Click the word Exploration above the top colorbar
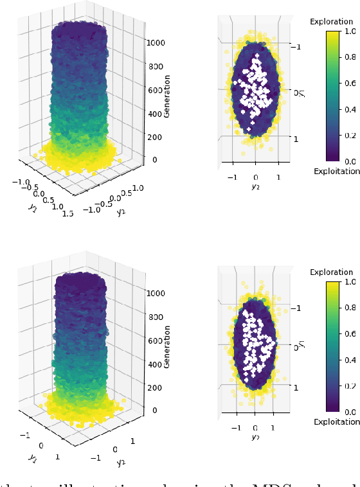pos(331,22)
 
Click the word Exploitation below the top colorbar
pos(335,172)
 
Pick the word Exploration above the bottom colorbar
pos(331,272)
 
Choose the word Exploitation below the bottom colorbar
pos(335,421)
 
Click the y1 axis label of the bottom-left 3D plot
pos(30,457)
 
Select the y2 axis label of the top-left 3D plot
pos(120,212)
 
